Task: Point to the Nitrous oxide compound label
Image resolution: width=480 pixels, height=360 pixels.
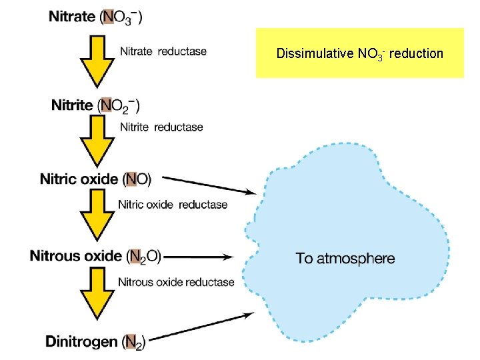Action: click(95, 256)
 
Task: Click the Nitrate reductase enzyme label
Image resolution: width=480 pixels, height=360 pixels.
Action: click(163, 51)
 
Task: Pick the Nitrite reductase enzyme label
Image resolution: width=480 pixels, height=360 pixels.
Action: click(161, 127)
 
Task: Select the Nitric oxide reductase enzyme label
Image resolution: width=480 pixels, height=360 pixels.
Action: click(172, 205)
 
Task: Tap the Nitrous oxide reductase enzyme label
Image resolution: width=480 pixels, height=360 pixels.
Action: click(176, 282)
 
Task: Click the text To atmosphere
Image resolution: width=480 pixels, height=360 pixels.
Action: click(345, 259)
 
